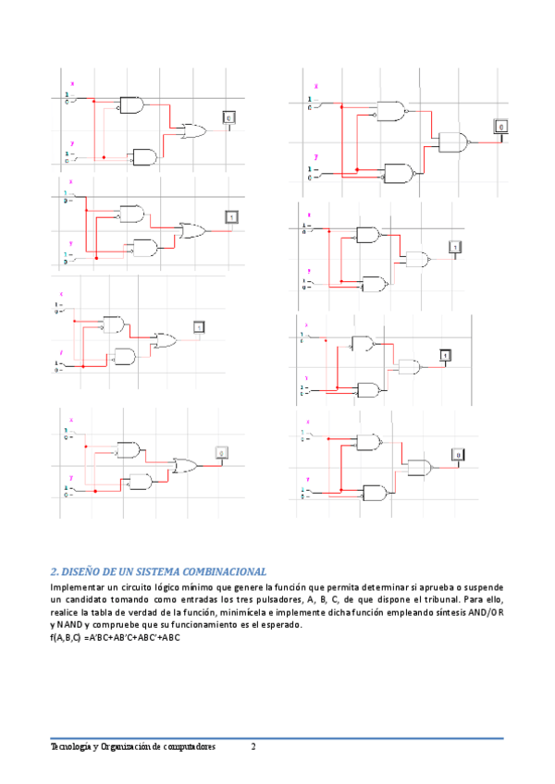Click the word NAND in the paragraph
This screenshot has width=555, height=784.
point(69,625)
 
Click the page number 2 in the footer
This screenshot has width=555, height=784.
point(253,745)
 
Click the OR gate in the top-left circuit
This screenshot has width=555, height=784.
point(196,130)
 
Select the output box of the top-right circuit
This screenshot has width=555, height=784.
point(501,127)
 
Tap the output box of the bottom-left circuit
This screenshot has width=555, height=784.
point(221,452)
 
